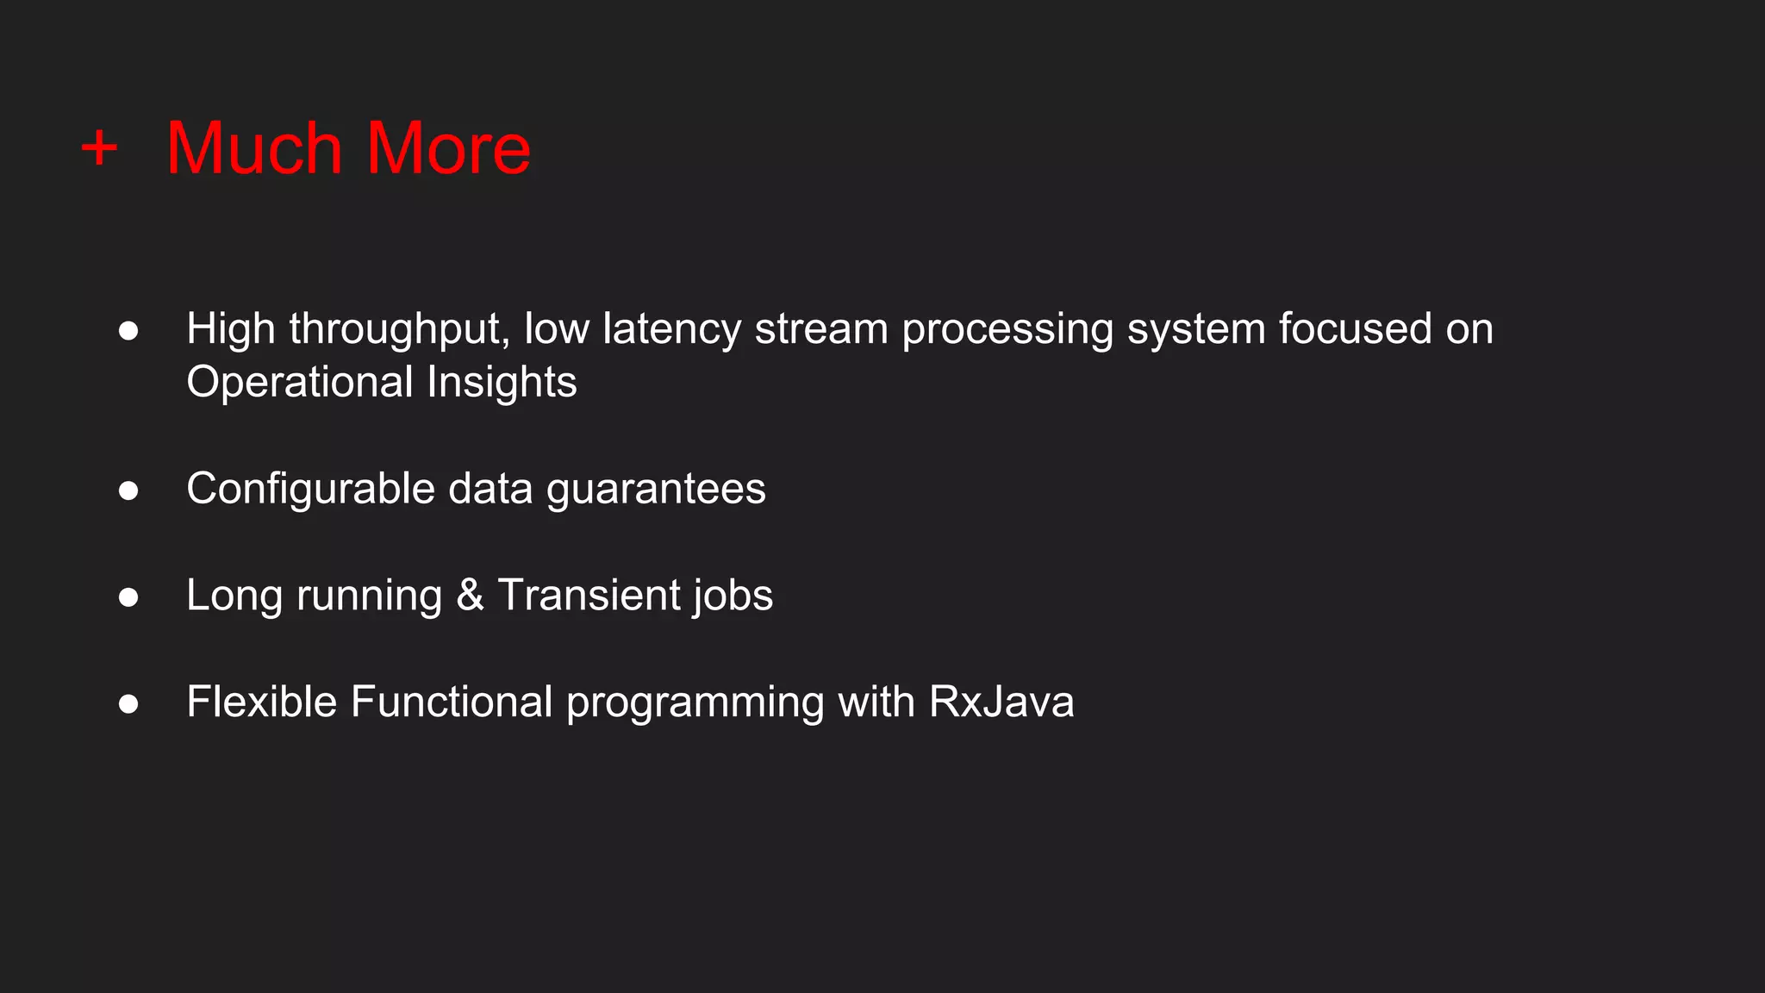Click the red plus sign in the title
click(x=99, y=147)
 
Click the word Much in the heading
click(x=254, y=148)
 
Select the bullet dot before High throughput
click(x=128, y=331)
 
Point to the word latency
click(x=671, y=329)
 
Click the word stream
click(x=821, y=329)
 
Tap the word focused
click(x=1355, y=329)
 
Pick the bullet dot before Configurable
click(x=128, y=490)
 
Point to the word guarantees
click(x=656, y=490)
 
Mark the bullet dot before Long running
click(x=128, y=597)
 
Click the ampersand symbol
click(x=470, y=596)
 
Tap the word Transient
click(x=589, y=596)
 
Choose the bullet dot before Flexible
click(x=128, y=704)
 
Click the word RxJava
click(x=1001, y=703)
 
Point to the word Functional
click(x=452, y=703)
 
